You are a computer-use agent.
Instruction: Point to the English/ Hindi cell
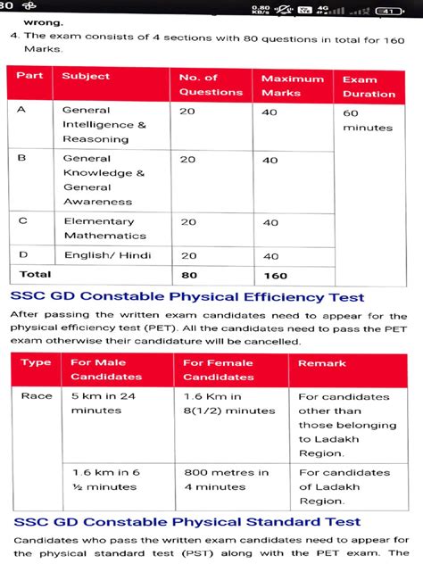(x=104, y=255)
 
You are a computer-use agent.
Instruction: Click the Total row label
(x=35, y=274)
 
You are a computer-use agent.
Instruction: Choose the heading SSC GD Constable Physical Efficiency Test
(x=187, y=297)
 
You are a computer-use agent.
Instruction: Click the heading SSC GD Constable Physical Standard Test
(x=186, y=521)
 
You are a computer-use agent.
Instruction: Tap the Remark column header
(x=322, y=363)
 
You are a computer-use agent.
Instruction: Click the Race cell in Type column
(x=37, y=395)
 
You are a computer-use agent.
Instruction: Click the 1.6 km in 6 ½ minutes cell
(x=105, y=479)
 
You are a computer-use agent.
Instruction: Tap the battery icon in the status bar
(x=387, y=12)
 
